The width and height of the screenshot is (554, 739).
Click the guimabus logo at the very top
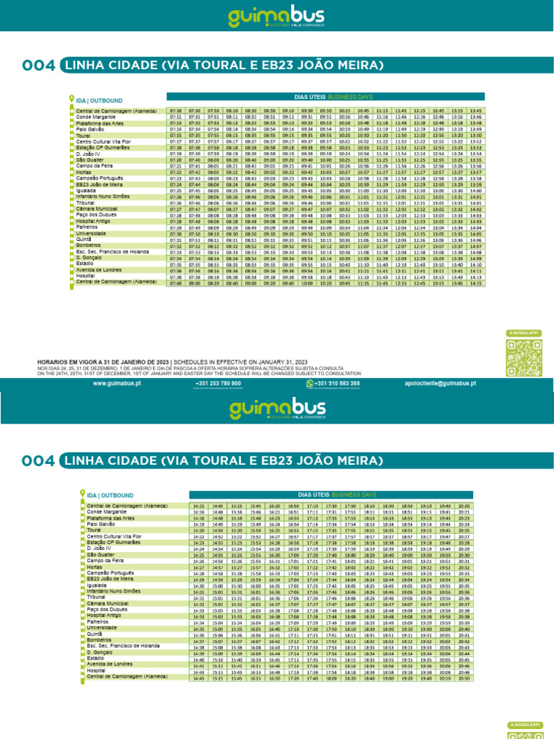point(276,17)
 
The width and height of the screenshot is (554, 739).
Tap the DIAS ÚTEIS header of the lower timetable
point(312,495)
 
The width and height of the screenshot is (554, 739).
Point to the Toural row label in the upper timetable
point(84,135)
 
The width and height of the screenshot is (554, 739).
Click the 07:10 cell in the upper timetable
point(175,110)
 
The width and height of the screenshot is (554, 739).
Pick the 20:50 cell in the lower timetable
point(464,678)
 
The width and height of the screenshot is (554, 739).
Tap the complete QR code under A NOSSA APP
point(522,355)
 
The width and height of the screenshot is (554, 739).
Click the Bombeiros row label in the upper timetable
point(89,246)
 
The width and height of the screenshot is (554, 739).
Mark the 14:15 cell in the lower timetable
point(198,507)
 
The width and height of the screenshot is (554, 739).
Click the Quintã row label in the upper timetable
point(84,240)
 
